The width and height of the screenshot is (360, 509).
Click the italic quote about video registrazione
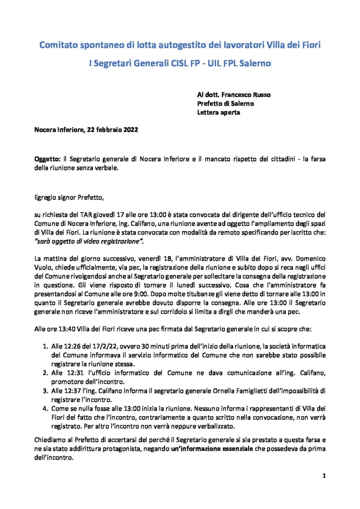click(x=90, y=241)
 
